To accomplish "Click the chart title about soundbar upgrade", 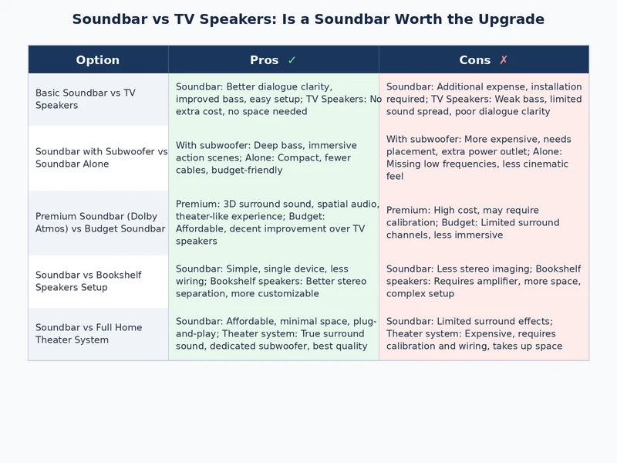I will point(308,19).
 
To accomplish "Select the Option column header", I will point(98,60).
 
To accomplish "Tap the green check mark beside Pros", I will point(292,60).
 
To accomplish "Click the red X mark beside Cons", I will point(504,60).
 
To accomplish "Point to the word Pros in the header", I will point(265,60).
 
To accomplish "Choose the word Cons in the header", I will point(474,60).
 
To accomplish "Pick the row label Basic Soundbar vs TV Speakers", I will point(85,99).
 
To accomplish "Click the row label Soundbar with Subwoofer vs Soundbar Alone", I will point(100,157).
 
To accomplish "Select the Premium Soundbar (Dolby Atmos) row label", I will point(100,222).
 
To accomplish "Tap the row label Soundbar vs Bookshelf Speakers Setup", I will point(89,281).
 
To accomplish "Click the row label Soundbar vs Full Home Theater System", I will point(89,333).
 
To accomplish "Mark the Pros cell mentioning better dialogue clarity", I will point(273,99).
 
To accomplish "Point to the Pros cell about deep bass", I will point(273,157).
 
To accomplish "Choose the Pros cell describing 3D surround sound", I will point(273,222).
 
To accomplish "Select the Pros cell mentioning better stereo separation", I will point(273,281).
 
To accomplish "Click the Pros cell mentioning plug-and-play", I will point(273,333).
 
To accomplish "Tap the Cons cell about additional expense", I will point(484,99).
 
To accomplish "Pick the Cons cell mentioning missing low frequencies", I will point(484,157).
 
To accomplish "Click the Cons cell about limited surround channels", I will point(484,222).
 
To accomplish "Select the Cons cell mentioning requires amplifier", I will point(484,281).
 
